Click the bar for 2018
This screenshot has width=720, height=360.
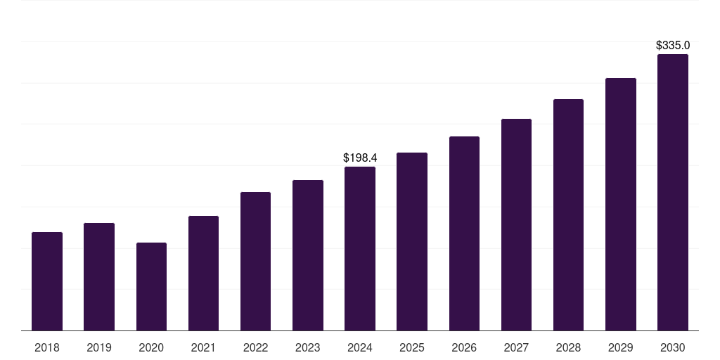47,281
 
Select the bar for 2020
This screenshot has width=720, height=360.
151,287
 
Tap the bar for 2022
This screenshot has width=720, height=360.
255,262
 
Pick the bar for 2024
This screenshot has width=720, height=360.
359,249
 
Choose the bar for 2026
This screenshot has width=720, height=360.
464,233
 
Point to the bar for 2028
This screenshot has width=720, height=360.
568,215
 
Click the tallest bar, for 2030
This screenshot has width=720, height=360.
672,193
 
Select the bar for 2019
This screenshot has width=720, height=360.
99,277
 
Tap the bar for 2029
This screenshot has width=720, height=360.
620,205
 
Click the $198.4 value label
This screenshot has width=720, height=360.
359,157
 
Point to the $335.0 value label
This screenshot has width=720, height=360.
672,45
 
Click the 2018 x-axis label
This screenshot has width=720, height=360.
47,347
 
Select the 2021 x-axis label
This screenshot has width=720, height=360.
203,347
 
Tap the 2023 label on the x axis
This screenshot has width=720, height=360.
307,347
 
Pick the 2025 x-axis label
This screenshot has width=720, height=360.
411,347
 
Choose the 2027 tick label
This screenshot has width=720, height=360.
516,347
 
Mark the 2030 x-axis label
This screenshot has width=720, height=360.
672,347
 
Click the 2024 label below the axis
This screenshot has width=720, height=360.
359,347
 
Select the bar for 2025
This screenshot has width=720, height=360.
411,242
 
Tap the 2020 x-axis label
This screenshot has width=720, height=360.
151,347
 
